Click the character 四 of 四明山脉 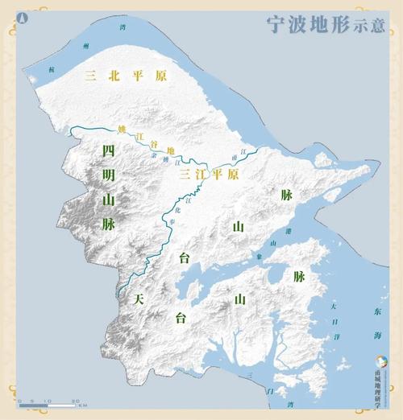click(x=108, y=150)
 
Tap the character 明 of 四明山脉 click(x=108, y=175)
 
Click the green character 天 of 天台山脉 click(x=139, y=299)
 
